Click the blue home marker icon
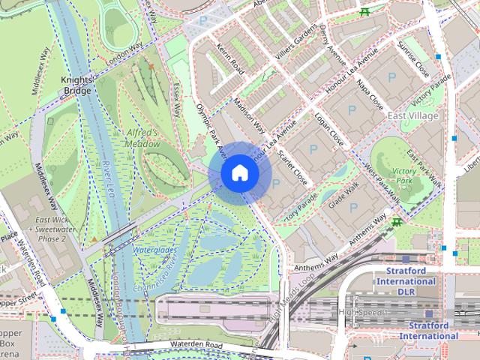click(x=240, y=172)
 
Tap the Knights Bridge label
click(x=77, y=85)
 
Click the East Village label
click(x=413, y=115)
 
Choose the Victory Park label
click(x=404, y=176)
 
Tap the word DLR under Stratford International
click(x=406, y=291)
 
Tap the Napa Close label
click(x=370, y=94)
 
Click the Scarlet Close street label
click(x=292, y=166)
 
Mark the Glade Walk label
click(x=345, y=199)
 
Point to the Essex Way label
click(x=177, y=98)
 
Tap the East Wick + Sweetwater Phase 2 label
click(x=51, y=229)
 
